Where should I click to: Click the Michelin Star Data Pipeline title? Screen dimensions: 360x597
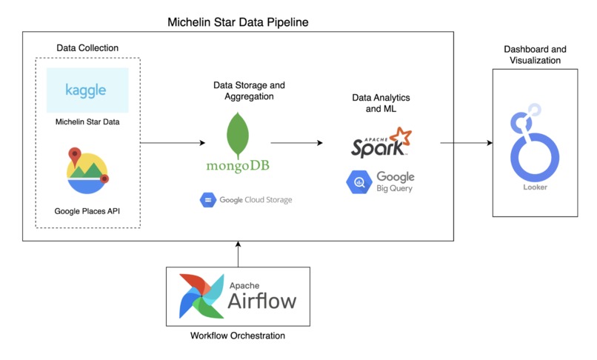pos(239,22)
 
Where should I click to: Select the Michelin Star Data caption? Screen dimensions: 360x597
pos(87,121)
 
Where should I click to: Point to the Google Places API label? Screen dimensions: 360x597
pos(87,211)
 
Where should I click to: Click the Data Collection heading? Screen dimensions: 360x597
pos(87,48)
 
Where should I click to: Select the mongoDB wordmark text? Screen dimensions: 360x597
pos(238,166)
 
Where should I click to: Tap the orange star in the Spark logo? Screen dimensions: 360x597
pos(401,137)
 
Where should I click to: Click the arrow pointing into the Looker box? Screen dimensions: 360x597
pos(467,142)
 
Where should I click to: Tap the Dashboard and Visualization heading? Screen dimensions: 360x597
pos(536,55)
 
